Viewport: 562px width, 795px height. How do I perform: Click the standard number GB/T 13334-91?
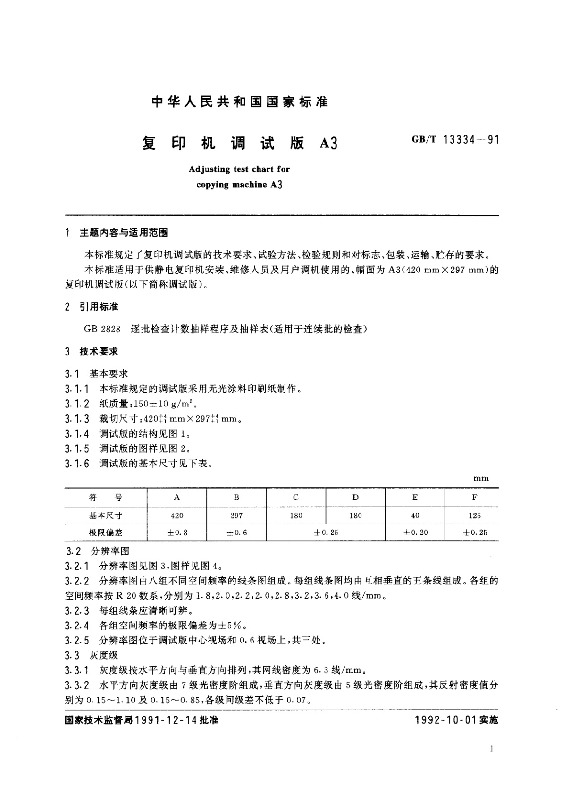tap(455, 140)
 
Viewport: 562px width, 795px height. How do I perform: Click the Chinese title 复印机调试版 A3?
tap(240, 143)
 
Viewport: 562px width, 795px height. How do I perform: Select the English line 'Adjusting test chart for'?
tap(239, 169)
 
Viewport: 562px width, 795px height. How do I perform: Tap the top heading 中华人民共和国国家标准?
tap(240, 101)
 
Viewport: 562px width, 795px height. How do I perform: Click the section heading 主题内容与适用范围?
tap(124, 232)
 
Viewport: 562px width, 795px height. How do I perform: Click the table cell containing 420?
tap(177, 516)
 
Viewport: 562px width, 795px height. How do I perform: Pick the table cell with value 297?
tap(236, 516)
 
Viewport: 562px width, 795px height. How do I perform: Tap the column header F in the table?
tap(474, 497)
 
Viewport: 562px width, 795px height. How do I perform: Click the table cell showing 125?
tap(474, 516)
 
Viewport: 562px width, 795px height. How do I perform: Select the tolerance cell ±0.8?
tap(177, 533)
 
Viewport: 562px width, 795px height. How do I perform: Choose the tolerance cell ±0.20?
tap(415, 533)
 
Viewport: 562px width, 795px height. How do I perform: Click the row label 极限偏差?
tap(106, 533)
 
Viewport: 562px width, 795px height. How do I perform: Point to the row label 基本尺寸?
tap(106, 516)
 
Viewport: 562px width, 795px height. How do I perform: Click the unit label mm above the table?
tap(481, 479)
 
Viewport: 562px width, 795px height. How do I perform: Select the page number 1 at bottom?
tap(492, 749)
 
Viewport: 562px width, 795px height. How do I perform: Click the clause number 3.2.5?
tap(77, 640)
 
